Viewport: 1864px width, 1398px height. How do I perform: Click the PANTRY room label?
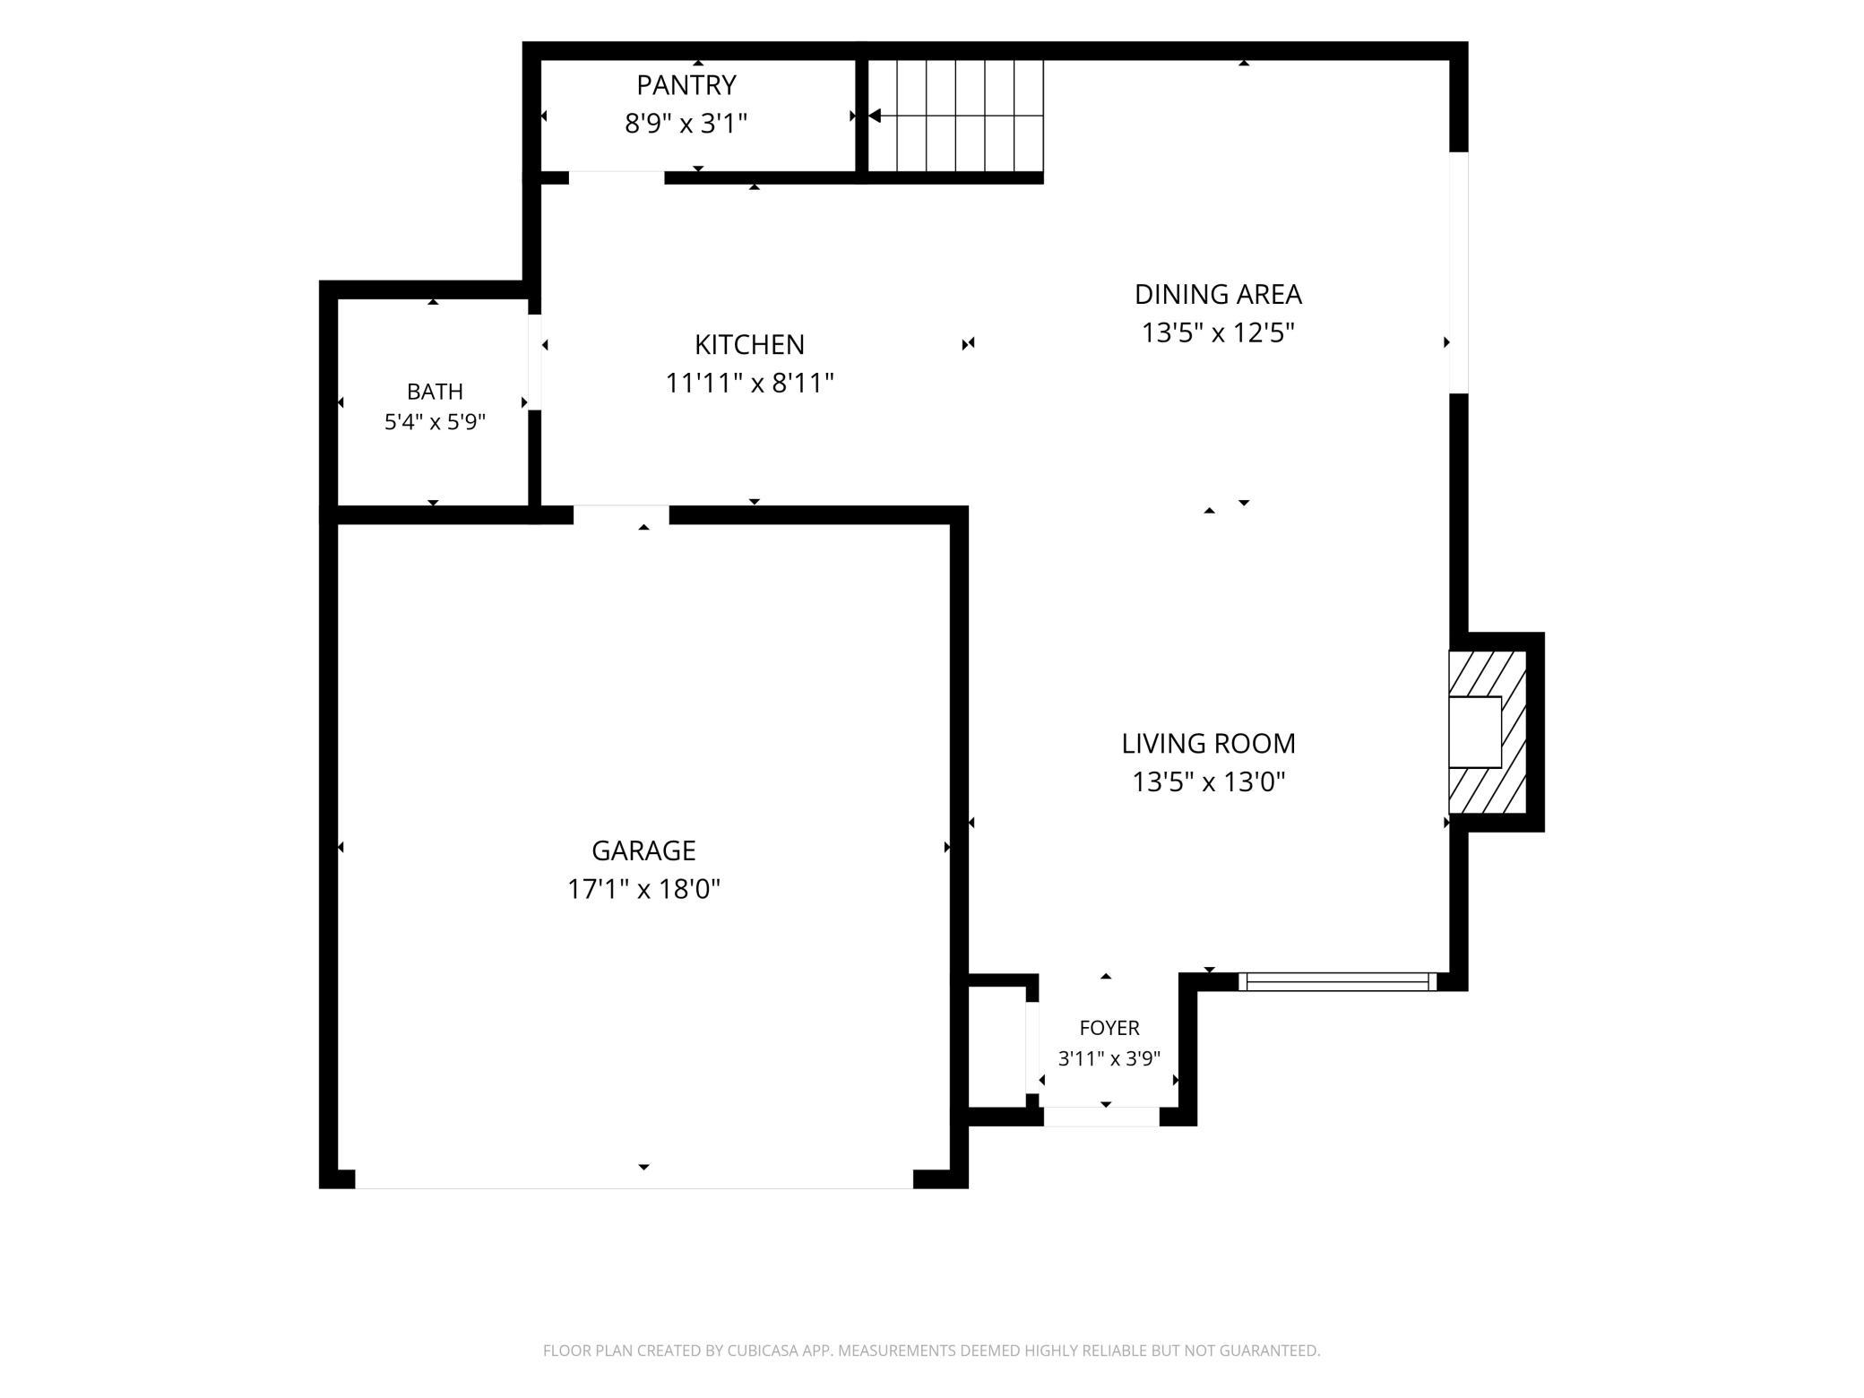686,85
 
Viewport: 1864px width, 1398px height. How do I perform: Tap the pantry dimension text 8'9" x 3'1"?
686,124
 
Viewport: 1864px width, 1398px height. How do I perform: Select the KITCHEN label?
749,344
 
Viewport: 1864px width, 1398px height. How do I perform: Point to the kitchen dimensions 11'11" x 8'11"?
749,384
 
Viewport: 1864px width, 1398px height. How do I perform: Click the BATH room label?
435,392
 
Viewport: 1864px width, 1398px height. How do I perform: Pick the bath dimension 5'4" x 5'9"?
435,422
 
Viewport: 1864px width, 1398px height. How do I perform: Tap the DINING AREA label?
1218,294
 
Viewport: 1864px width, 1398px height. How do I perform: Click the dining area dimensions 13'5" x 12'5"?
1218,333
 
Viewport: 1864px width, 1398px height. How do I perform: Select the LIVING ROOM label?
1209,743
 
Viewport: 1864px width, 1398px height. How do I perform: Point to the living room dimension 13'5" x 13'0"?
1209,782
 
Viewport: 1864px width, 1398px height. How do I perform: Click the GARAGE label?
643,850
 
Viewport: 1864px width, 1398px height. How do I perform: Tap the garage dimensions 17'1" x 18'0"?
643,889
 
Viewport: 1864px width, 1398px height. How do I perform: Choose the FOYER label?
1109,1028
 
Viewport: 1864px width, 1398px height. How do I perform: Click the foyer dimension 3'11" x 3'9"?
1109,1058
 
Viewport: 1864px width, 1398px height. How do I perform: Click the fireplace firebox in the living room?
1475,732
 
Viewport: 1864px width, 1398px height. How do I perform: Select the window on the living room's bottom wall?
1338,981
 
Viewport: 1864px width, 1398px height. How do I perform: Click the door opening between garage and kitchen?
621,514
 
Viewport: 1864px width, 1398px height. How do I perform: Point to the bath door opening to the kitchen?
534,362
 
